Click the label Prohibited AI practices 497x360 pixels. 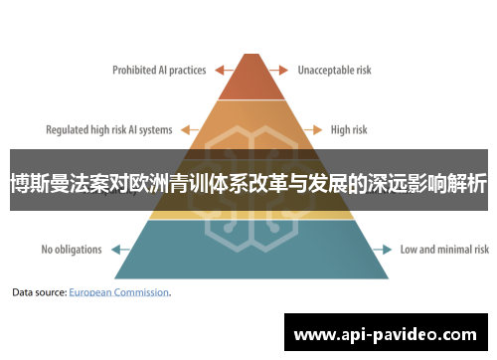[158, 70]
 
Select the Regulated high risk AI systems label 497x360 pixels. [109, 129]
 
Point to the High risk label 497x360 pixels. [348, 129]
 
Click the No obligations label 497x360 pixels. [72, 249]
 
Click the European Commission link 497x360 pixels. [119, 293]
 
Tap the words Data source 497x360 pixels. [38, 293]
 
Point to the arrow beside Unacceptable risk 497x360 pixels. [277, 70]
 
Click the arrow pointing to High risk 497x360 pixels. [314, 129]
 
